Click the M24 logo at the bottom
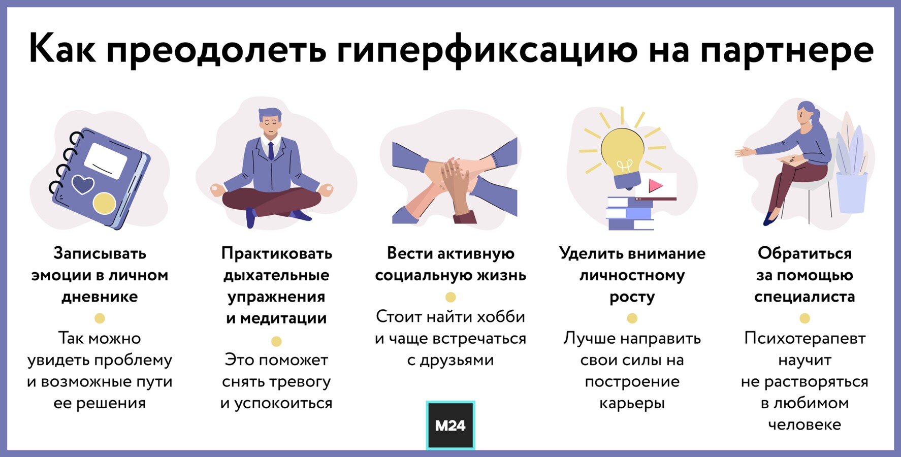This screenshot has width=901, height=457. point(450,426)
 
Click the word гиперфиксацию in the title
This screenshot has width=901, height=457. point(487,50)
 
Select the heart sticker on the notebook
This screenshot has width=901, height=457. point(83,184)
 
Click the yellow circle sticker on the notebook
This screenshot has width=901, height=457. point(104,203)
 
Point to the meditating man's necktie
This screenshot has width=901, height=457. point(271,151)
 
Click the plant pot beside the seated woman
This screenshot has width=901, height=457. point(852,192)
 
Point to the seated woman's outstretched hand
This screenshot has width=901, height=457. point(745,152)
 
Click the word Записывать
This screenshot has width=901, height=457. point(100,253)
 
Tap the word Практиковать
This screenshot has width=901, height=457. point(276,253)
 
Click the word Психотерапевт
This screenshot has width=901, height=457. point(805,339)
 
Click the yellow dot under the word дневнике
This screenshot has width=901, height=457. point(100,318)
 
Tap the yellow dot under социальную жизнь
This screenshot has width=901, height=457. point(450,297)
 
